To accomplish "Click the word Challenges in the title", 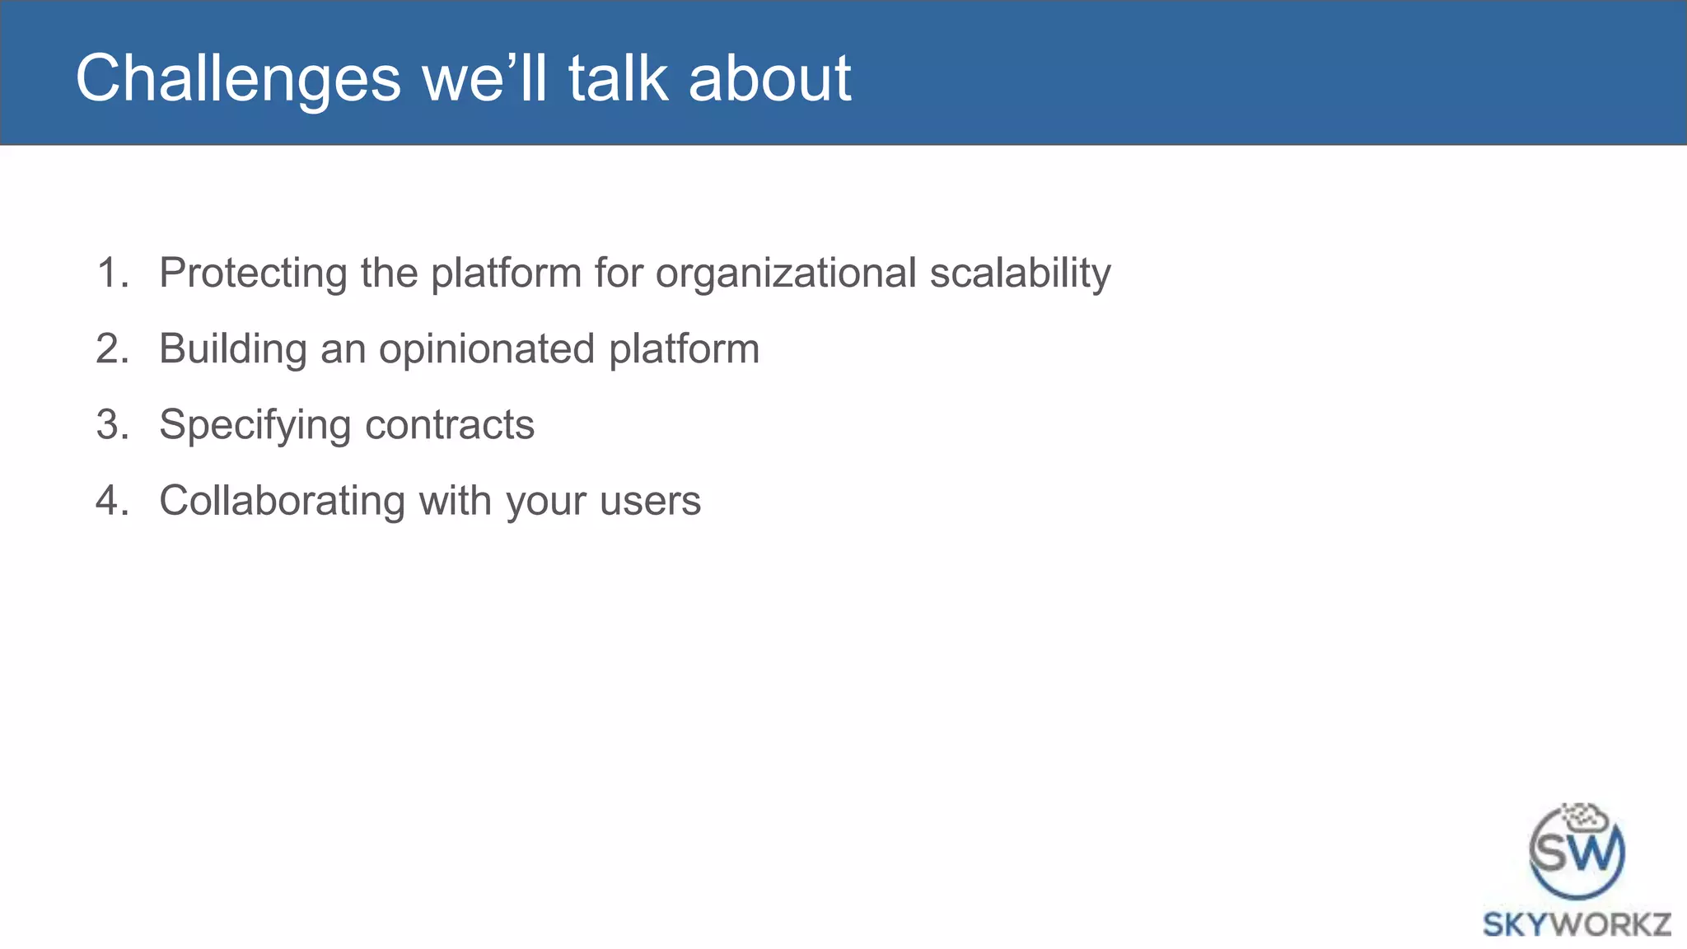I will [238, 79].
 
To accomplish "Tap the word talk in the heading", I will [618, 79].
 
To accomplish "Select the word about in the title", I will [769, 79].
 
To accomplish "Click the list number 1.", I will [113, 273].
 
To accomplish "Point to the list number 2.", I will [113, 348].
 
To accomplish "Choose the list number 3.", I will [113, 425].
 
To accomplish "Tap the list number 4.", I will [113, 501].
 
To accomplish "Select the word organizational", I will [786, 273].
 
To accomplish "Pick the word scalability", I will [1020, 273].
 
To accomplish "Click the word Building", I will [233, 348].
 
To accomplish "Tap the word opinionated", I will [487, 348].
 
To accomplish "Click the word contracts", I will [450, 425].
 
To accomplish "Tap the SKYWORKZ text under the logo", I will [1577, 924].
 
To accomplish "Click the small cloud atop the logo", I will [1586, 817].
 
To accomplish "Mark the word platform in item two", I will [684, 348].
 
